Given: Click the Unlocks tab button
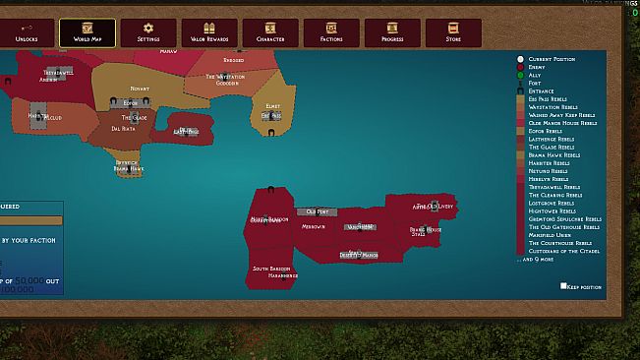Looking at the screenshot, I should click(x=26, y=32).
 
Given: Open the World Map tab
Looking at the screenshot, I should click(x=87, y=32).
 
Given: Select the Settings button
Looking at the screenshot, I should click(x=148, y=32).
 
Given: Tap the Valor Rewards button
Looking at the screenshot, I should click(x=208, y=32).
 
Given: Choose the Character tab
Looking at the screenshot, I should click(x=269, y=32).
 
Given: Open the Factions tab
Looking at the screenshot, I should click(x=331, y=32).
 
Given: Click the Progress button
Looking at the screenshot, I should click(x=392, y=32).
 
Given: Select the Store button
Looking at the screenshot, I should click(x=453, y=32).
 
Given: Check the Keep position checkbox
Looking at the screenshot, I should click(x=563, y=286).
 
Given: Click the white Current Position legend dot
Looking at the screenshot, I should click(x=521, y=60).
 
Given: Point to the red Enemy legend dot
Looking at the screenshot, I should click(x=521, y=68).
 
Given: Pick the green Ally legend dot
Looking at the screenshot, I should click(x=521, y=76).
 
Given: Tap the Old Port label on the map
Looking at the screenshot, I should click(x=317, y=211).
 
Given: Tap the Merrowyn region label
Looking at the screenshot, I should click(x=314, y=227).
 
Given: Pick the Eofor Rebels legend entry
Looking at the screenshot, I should click(x=546, y=131).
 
